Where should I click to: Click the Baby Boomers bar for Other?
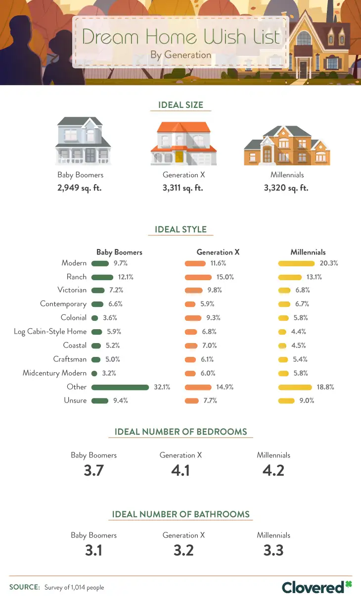pyautogui.click(x=120, y=387)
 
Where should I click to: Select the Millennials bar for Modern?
pyautogui.click(x=296, y=263)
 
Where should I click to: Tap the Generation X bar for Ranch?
pyautogui.click(x=198, y=277)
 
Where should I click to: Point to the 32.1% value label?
pyautogui.click(x=162, y=387)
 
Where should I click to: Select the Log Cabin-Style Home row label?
pyautogui.click(x=50, y=332)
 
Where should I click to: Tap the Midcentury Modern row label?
pyautogui.click(x=54, y=373)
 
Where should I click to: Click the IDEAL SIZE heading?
pyautogui.click(x=180, y=105)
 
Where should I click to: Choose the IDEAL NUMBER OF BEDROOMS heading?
pyautogui.click(x=180, y=432)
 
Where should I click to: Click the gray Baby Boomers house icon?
pyautogui.click(x=83, y=141)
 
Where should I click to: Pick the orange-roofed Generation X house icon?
pyautogui.click(x=183, y=144)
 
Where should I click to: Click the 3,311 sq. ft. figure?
pyautogui.click(x=183, y=188)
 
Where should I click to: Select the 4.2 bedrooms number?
pyautogui.click(x=273, y=470)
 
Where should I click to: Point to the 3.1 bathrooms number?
pyautogui.click(x=93, y=550)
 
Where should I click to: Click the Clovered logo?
pyautogui.click(x=316, y=587)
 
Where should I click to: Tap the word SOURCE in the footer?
pyautogui.click(x=24, y=587)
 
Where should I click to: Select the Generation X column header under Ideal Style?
pyautogui.click(x=218, y=252)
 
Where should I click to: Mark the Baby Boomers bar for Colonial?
pyautogui.click(x=95, y=318)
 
